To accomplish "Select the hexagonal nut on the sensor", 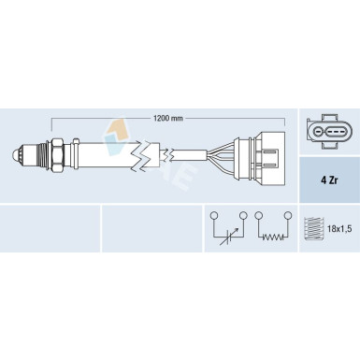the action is coord(57,155).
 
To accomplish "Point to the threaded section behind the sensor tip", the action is coord(42,155).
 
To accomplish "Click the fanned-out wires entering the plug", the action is coord(223,154).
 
